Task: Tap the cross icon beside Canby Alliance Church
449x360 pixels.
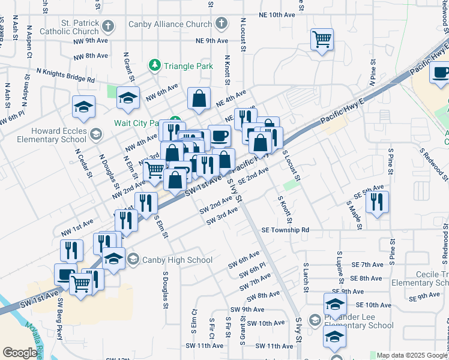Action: [221, 25]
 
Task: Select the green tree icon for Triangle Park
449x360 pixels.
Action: [155, 65]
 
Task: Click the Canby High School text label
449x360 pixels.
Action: [177, 260]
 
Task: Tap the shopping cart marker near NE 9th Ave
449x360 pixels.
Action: [322, 40]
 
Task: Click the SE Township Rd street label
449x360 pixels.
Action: [285, 230]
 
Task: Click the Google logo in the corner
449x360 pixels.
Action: [20, 353]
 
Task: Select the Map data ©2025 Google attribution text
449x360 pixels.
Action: [412, 355]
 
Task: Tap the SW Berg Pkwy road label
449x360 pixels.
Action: [59, 314]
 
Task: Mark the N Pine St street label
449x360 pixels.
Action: [373, 73]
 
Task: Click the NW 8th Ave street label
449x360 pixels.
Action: [91, 56]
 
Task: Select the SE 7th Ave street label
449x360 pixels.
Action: [367, 265]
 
